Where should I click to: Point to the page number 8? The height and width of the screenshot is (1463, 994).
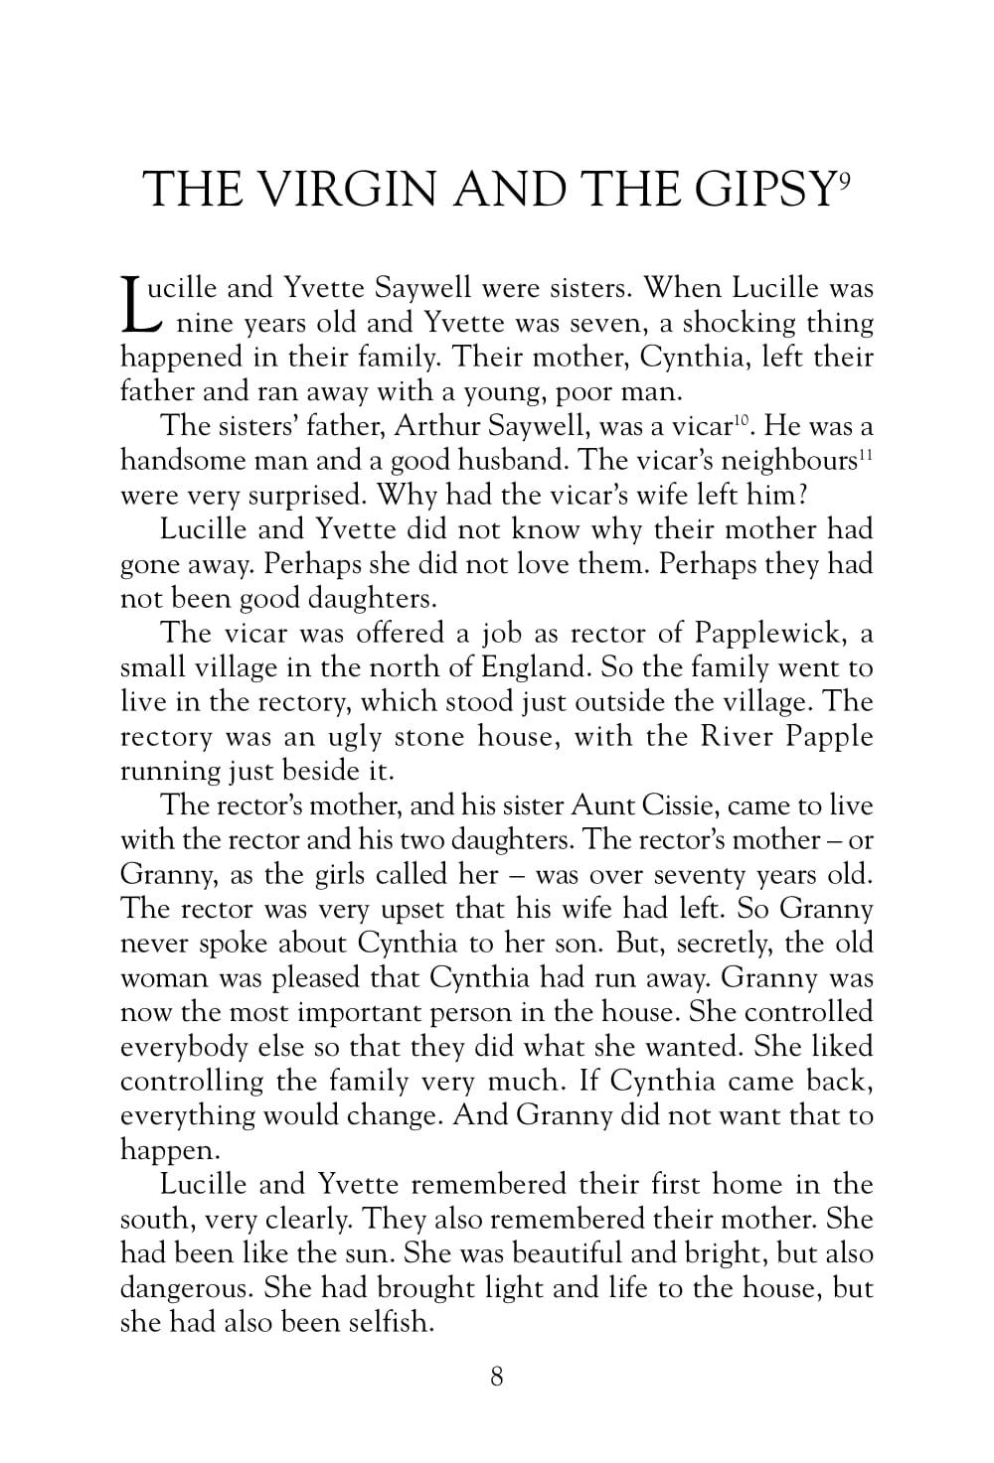click(497, 1377)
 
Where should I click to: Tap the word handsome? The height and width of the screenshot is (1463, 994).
click(177, 461)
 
